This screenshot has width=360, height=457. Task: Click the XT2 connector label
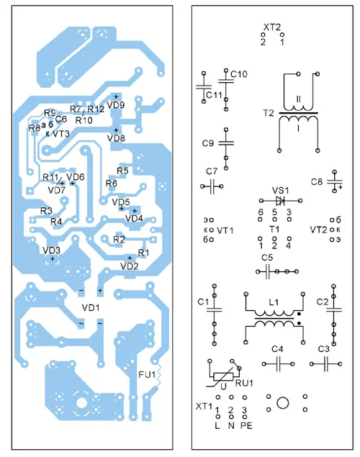271,27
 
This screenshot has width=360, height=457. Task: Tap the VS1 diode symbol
280,201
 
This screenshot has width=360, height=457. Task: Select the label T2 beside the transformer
269,113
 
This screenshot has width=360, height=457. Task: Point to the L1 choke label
274,302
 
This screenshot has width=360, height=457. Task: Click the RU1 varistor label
244,383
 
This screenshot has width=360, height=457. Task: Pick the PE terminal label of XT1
246,426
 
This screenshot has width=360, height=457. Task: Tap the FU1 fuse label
147,374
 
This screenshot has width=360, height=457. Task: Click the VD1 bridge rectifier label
91,307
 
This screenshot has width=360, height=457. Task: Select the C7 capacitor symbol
212,186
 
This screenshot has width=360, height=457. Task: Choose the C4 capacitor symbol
278,363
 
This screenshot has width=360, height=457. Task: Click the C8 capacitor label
317,182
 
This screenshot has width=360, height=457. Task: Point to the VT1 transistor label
225,230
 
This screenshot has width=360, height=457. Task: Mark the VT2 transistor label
318,230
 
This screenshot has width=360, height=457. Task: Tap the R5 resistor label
122,171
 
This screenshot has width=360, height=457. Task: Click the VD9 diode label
116,105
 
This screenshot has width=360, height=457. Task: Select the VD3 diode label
51,250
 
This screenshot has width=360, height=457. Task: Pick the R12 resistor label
96,109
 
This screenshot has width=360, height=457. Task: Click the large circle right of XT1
282,403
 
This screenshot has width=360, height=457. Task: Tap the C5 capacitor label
267,258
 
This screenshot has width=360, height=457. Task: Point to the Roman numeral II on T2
298,99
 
